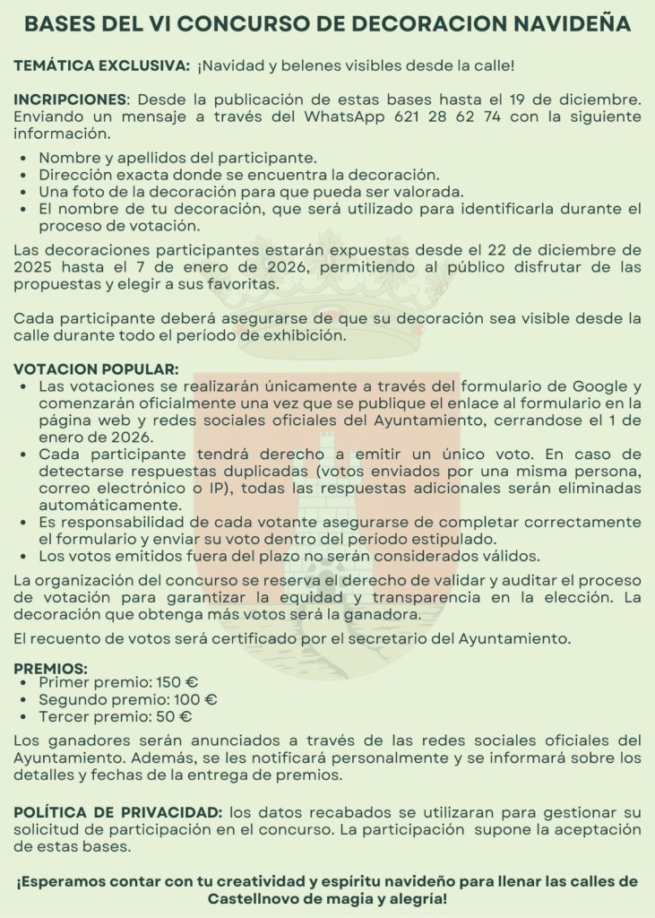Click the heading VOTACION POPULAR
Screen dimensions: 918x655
click(96, 368)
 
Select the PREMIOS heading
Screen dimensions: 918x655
click(50, 668)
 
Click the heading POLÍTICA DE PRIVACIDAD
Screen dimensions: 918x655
click(118, 811)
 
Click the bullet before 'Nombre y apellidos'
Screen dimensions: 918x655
click(23, 157)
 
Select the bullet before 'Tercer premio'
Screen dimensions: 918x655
click(23, 717)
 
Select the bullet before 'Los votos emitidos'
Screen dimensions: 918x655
click(23, 556)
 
